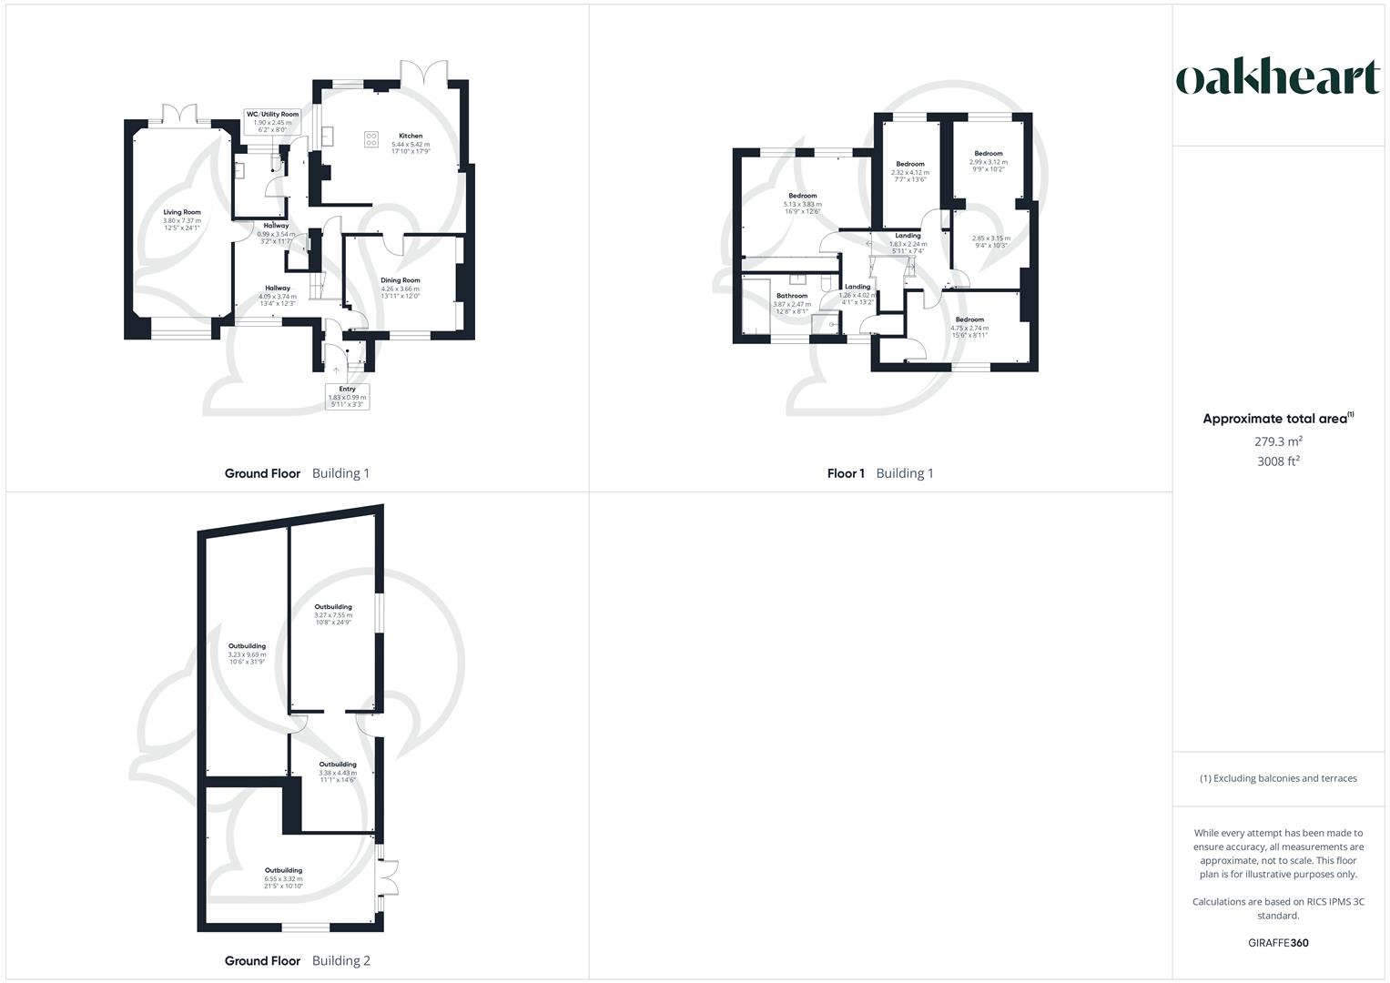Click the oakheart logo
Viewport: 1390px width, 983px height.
point(1277,78)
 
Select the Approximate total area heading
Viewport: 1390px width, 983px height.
point(1277,419)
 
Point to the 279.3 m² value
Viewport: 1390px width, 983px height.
point(1277,441)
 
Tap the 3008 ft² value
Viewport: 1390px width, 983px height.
point(1277,461)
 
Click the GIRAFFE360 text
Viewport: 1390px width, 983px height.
point(1277,943)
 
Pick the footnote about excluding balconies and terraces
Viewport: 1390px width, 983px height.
point(1277,778)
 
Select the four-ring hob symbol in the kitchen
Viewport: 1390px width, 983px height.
point(371,138)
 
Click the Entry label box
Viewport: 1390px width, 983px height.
point(348,396)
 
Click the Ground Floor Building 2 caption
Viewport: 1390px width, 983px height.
point(297,960)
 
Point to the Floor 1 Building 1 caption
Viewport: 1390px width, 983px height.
point(879,473)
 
